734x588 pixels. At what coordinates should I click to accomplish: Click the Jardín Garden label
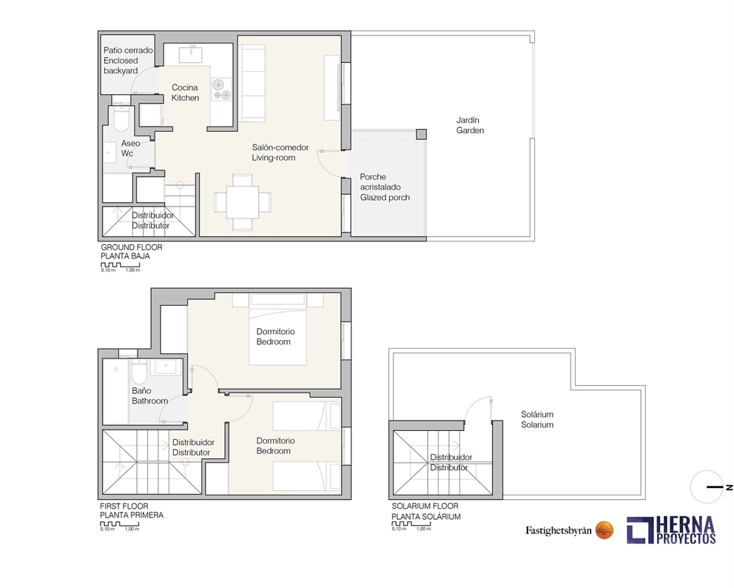coord(470,125)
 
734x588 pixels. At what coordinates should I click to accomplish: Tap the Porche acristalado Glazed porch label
coord(384,187)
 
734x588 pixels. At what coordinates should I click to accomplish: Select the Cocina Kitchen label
coord(185,93)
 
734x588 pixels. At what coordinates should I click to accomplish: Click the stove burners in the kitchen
coord(221,89)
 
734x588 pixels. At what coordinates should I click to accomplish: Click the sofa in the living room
coord(253,82)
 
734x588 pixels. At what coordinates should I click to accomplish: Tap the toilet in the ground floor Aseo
coord(121,118)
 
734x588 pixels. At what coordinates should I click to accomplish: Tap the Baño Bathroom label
coord(149,395)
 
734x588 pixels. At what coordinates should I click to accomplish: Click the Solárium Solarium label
coord(537,420)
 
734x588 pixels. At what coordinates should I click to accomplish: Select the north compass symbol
coord(710,487)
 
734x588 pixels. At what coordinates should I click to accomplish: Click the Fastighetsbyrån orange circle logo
coord(605,529)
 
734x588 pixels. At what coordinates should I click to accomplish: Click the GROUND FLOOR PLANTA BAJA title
coord(131,252)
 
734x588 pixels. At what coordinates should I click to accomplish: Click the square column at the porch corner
coord(421,134)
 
